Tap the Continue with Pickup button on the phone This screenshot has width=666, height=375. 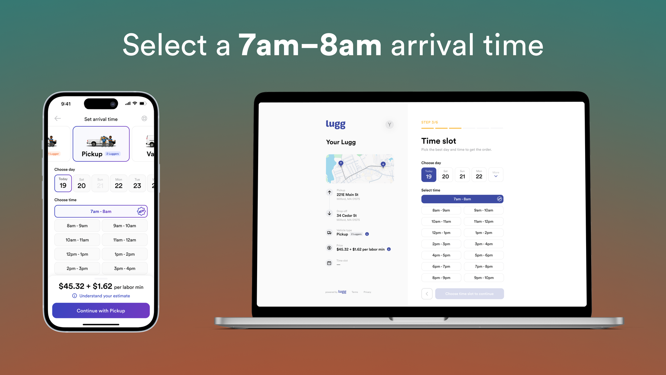click(x=101, y=311)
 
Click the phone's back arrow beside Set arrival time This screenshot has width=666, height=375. click(x=58, y=118)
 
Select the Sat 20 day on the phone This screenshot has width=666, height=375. click(x=82, y=183)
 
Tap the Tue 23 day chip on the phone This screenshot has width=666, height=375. click(x=137, y=183)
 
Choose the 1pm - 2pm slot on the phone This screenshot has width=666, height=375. click(x=125, y=254)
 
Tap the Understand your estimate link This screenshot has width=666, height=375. click(x=104, y=296)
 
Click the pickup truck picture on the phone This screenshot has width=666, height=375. click(x=101, y=141)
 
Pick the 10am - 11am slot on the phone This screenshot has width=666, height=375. click(x=77, y=240)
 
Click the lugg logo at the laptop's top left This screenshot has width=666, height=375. click(x=336, y=124)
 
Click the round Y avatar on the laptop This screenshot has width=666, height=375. click(x=389, y=125)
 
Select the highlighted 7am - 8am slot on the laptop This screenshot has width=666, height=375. click(x=462, y=199)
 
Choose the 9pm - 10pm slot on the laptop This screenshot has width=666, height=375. click(x=484, y=278)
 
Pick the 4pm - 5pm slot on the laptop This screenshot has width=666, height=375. click(x=441, y=255)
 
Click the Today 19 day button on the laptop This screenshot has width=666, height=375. click(x=429, y=175)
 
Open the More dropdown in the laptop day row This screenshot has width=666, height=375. click(x=496, y=175)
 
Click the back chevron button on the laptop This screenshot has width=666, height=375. click(x=427, y=294)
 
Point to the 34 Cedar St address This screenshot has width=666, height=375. click(x=347, y=216)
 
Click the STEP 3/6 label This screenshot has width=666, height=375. click(x=430, y=122)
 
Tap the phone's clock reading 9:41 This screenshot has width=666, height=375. click(x=66, y=104)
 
